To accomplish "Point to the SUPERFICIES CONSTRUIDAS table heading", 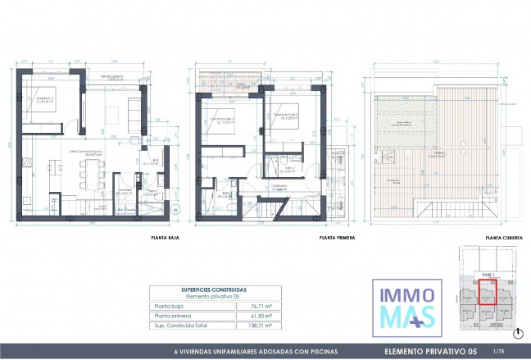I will pyautogui.click(x=214, y=289).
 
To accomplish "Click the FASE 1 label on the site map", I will pyautogui.click(x=487, y=274).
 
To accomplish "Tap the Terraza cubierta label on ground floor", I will pyautogui.click(x=113, y=76).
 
